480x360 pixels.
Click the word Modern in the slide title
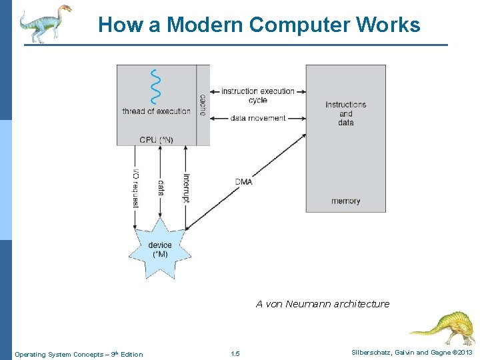204,25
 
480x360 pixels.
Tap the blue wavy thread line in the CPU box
156,86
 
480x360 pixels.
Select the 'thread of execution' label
156,111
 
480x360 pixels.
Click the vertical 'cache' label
203,104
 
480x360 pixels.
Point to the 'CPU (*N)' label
156,139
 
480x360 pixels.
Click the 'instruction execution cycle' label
257,95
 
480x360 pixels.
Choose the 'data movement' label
257,118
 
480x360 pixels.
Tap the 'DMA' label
244,181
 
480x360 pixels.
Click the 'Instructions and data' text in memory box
345,113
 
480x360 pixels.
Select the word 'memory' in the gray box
345,201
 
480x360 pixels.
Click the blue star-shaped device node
160,249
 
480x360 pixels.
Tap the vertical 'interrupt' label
187,189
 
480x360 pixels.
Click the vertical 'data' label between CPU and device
161,187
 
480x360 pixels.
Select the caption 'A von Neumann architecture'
323,304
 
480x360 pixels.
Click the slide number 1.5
235,353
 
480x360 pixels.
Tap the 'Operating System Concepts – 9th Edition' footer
79,354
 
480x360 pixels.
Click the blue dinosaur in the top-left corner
45,23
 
